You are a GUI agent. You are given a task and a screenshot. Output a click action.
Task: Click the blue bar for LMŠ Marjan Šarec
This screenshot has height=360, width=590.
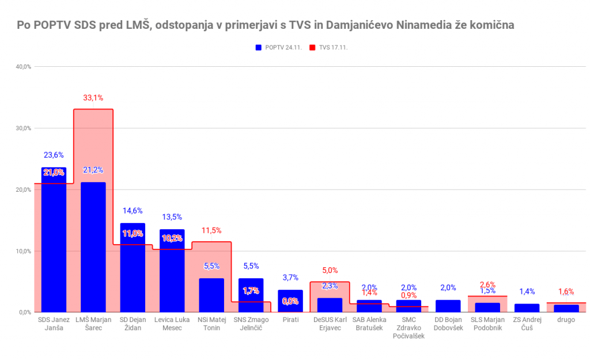tap(93, 247)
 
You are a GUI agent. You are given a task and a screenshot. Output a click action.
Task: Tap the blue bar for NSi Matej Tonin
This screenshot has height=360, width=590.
tap(211, 295)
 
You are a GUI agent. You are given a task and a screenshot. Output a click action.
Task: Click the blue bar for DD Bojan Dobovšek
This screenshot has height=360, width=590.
tap(448, 306)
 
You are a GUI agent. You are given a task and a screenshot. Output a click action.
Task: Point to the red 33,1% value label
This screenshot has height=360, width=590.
tap(93, 98)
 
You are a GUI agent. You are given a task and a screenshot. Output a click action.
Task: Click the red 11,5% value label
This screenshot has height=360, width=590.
tap(211, 230)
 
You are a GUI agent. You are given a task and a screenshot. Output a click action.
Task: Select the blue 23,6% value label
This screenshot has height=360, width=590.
tap(54, 155)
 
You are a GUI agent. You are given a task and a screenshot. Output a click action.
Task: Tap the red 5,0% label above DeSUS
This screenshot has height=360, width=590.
tap(330, 270)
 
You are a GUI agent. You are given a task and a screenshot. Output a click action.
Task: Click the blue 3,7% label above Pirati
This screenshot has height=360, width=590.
tap(290, 278)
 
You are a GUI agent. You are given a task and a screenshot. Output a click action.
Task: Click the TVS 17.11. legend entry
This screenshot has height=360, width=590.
tap(330, 47)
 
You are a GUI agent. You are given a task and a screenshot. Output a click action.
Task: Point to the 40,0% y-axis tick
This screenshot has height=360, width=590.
tap(24, 67)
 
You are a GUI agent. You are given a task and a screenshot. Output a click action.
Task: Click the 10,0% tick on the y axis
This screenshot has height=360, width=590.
tap(24, 251)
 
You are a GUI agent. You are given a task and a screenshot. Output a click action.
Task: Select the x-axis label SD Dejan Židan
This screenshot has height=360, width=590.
tap(133, 324)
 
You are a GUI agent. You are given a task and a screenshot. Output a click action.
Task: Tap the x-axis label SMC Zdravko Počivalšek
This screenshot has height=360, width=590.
tap(409, 328)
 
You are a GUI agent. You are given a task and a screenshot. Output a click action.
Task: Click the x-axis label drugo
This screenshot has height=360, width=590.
tap(566, 320)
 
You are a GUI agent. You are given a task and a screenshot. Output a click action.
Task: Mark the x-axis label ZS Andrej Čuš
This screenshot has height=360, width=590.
tap(527, 324)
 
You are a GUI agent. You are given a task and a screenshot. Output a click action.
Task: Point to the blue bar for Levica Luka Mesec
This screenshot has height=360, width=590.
tap(172, 271)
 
